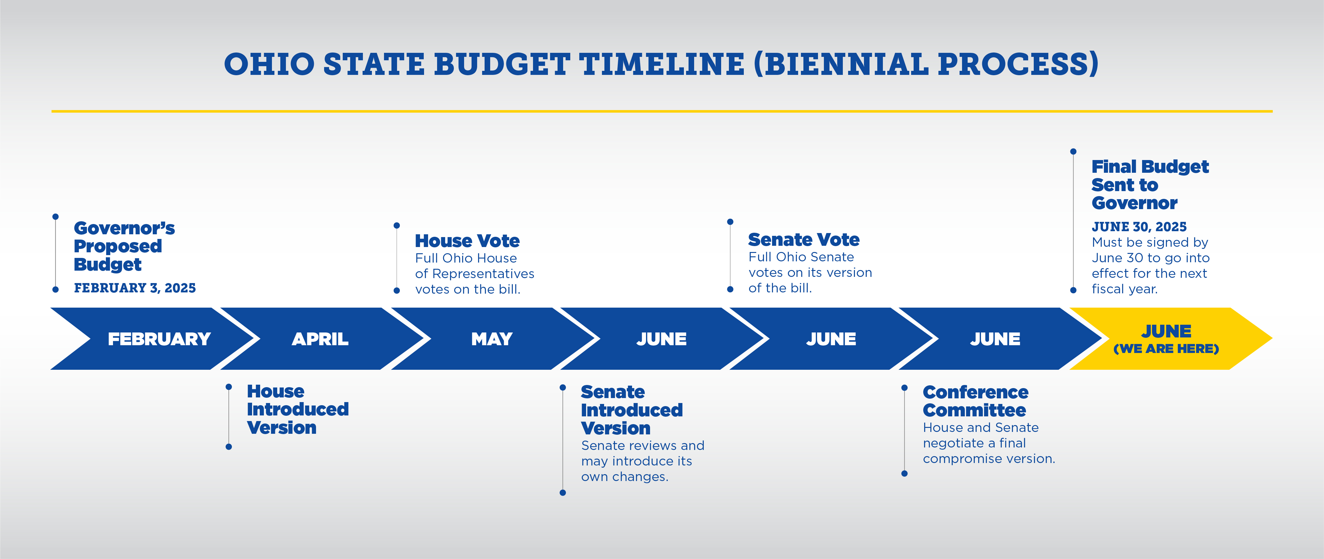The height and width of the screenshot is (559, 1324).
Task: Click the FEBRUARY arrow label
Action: [159, 339]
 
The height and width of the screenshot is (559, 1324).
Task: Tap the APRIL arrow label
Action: [320, 339]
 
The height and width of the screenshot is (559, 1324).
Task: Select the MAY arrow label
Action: [492, 339]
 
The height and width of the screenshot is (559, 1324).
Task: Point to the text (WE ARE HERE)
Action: [1166, 349]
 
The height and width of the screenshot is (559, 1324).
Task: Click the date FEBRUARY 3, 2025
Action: [135, 288]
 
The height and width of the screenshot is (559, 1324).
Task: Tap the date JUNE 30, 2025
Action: [1139, 227]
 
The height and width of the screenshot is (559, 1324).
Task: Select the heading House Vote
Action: [467, 241]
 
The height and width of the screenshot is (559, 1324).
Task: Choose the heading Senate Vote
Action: [804, 240]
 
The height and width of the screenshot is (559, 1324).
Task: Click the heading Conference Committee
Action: [975, 401]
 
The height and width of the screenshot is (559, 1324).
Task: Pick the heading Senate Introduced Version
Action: [632, 410]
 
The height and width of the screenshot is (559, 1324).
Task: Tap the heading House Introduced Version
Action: [298, 409]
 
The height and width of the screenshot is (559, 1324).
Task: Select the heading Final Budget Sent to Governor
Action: [1150, 185]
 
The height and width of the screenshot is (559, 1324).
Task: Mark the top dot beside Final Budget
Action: [1073, 151]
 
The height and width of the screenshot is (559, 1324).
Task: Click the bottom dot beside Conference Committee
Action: [905, 474]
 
